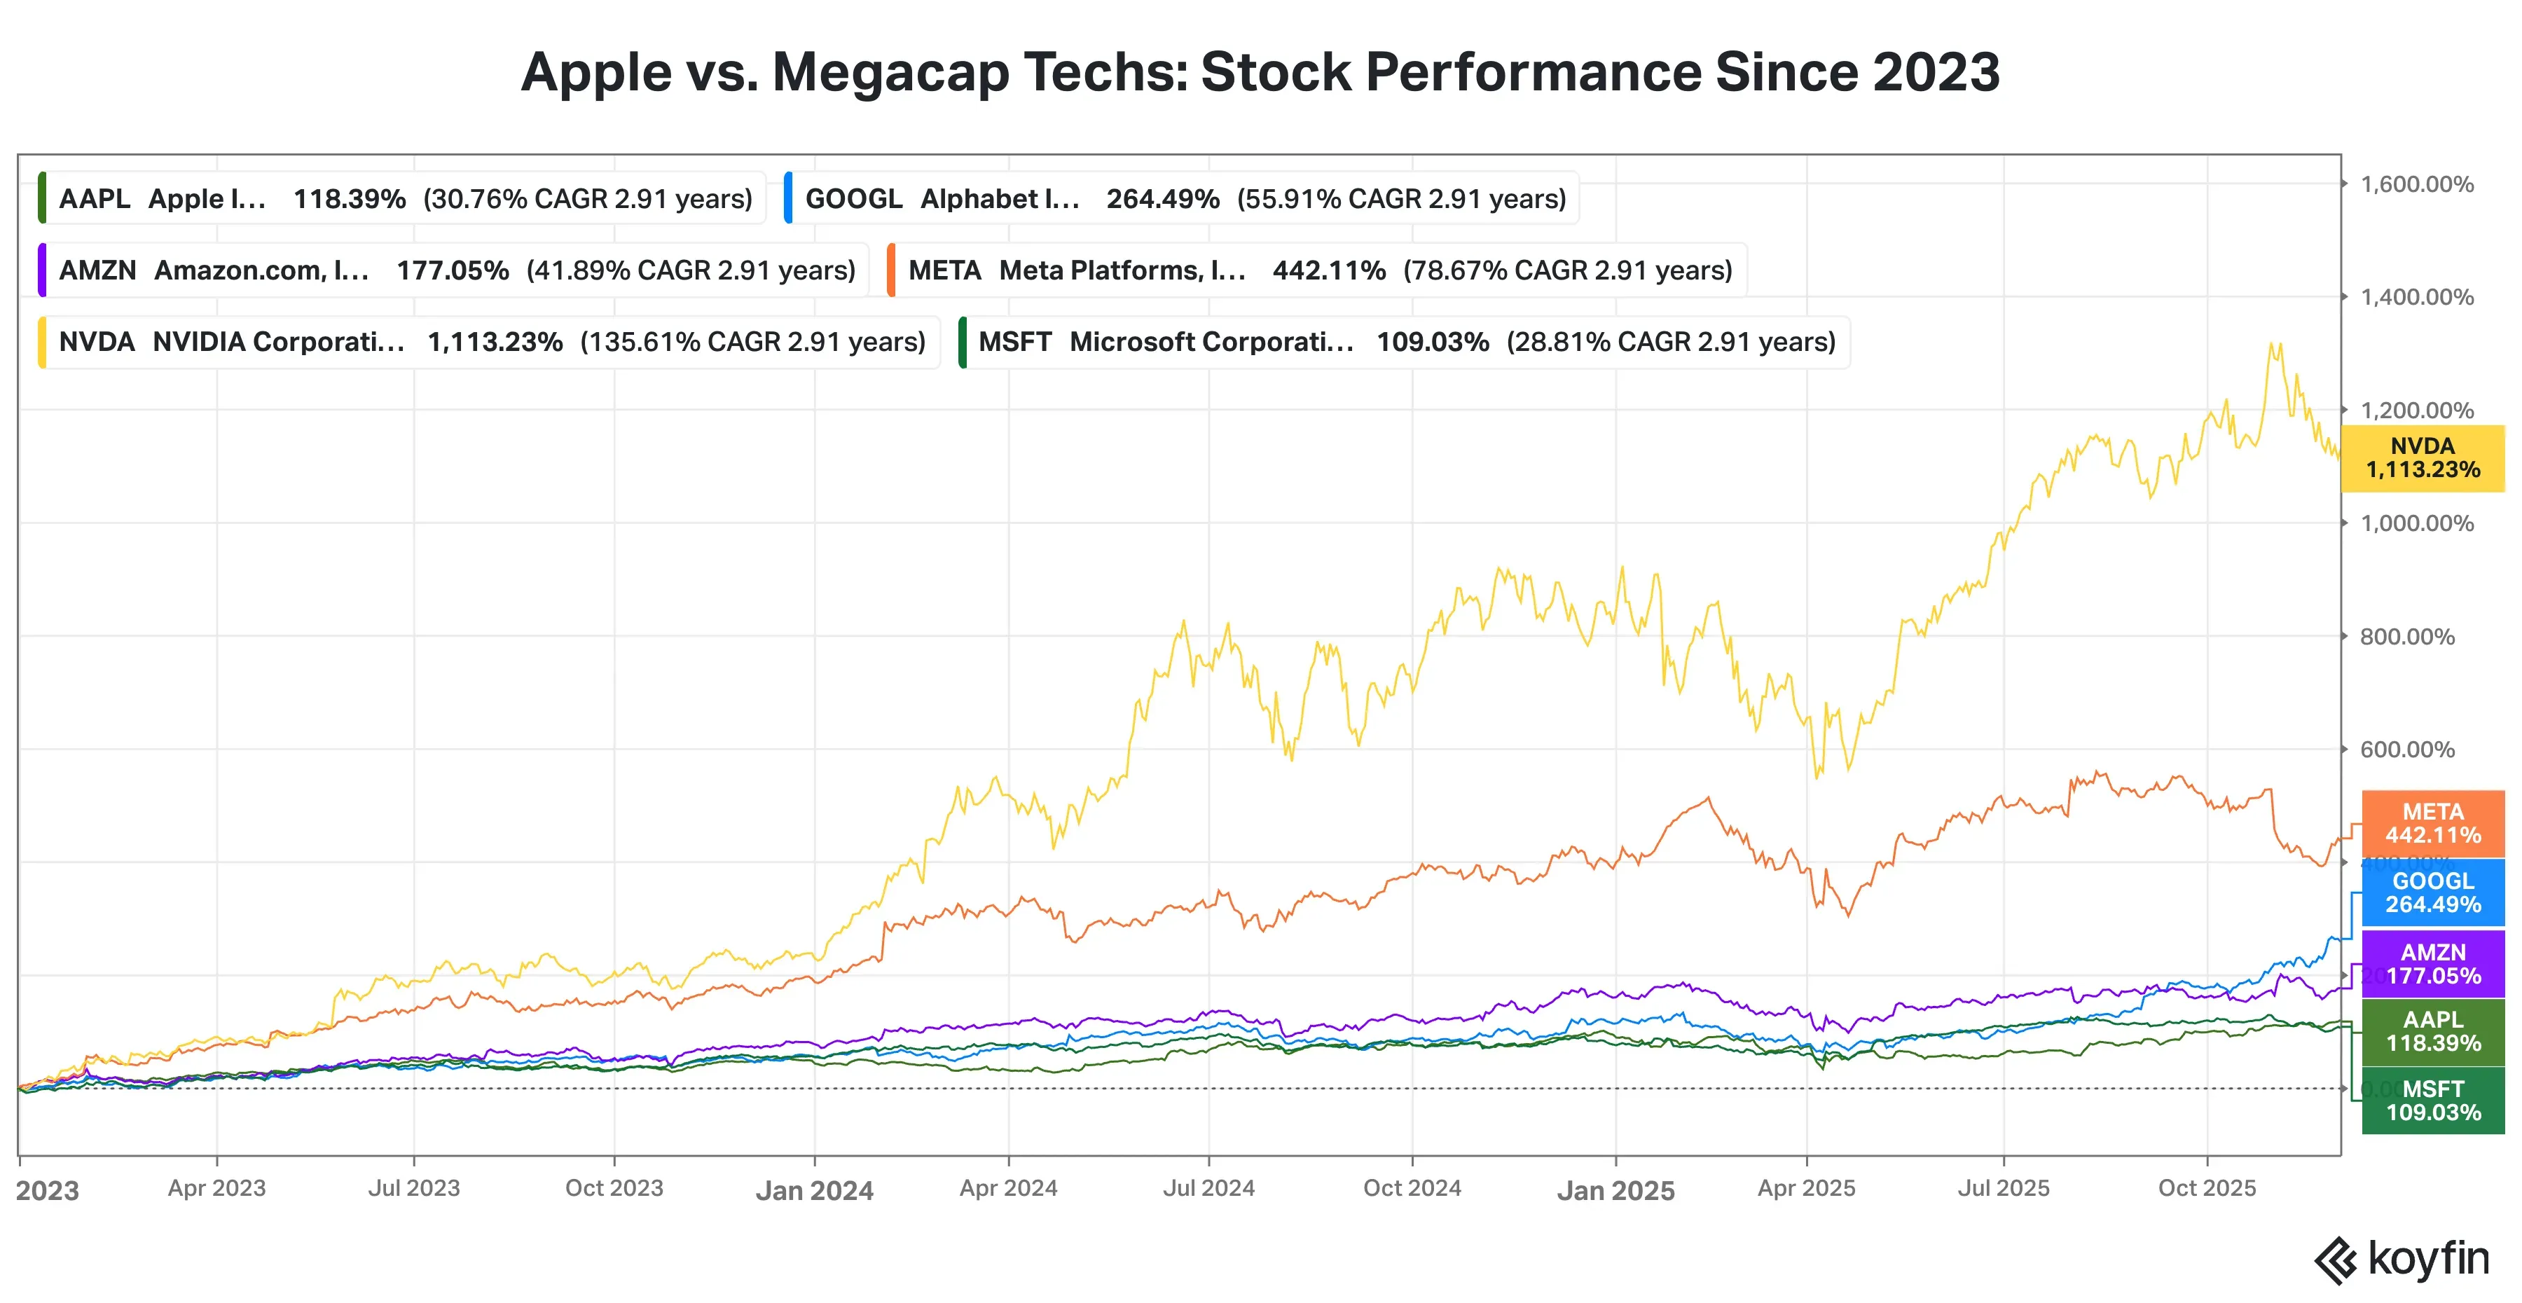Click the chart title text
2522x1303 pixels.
coord(1260,72)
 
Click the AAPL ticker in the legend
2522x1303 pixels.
coord(94,199)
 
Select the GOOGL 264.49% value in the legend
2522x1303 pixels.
coord(1162,199)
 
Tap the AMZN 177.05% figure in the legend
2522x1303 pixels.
coord(453,270)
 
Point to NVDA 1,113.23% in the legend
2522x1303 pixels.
coord(495,342)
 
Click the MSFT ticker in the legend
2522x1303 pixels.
coord(1014,342)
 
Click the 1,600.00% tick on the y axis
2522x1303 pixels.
coord(2416,184)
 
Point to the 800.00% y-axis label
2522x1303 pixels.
coord(2406,636)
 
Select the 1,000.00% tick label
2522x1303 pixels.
coord(2416,523)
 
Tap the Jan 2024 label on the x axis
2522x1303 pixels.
coord(813,1190)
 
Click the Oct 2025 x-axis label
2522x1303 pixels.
coord(2207,1188)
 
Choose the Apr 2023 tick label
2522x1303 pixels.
coord(216,1188)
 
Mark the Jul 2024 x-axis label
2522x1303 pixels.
coord(1208,1188)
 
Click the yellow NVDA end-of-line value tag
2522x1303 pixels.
coord(2422,458)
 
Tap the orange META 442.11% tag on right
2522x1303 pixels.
coord(2432,823)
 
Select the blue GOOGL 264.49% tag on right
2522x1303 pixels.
coord(2432,892)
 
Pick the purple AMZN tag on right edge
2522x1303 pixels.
coord(2432,963)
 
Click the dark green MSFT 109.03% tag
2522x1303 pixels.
coord(2432,1101)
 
